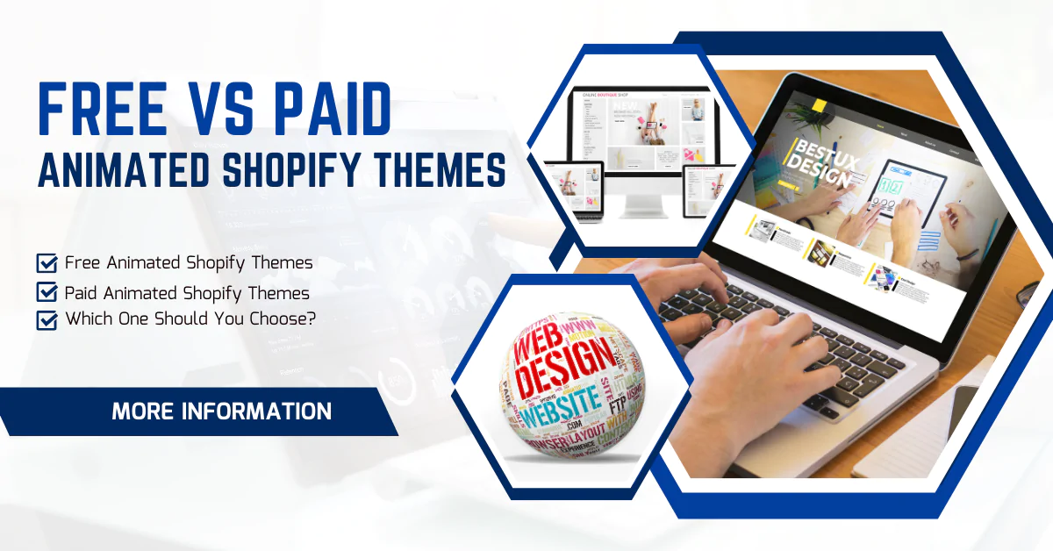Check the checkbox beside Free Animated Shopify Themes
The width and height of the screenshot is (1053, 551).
click(47, 263)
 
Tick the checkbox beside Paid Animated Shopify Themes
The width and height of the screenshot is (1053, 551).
click(47, 292)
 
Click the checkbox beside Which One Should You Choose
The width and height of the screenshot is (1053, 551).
click(47, 319)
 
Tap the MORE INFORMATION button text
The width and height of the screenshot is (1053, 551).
click(221, 411)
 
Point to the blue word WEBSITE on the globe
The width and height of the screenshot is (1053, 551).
click(559, 411)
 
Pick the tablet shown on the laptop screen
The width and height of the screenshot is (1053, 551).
click(913, 193)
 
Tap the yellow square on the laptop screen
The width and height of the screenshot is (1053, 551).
click(820, 106)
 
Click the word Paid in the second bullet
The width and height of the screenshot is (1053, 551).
click(82, 292)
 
